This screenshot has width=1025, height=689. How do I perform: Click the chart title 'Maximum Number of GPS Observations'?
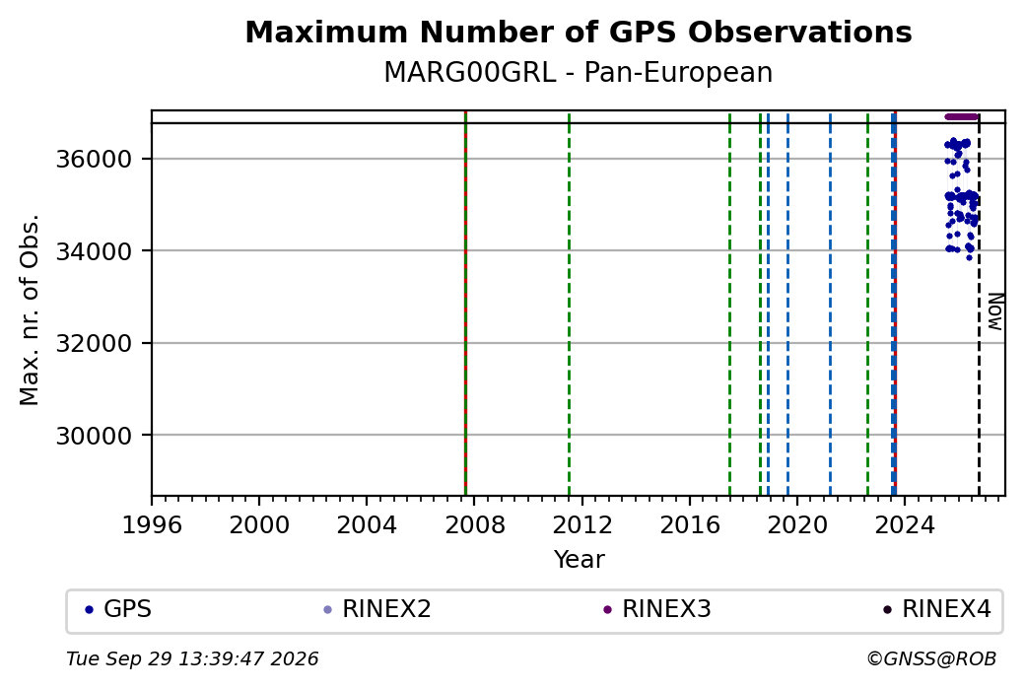[579, 32]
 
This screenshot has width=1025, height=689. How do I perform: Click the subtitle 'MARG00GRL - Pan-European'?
[579, 73]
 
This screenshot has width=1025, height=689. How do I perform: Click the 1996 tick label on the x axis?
[152, 525]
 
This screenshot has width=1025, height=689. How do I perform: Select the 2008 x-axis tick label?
[475, 525]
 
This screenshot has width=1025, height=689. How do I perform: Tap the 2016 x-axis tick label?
[690, 525]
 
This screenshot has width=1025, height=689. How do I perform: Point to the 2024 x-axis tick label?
[905, 525]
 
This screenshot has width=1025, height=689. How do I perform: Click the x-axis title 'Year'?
[580, 560]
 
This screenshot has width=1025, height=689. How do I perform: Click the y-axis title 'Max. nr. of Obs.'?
[30, 310]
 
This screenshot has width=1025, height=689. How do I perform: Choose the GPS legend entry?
[118, 609]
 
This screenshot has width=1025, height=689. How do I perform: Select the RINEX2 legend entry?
[377, 609]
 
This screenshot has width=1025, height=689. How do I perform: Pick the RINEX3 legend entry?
[657, 609]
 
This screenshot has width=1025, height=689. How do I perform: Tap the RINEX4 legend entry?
[937, 609]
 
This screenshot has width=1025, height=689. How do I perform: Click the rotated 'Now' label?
[994, 311]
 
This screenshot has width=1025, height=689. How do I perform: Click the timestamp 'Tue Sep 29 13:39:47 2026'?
[192, 658]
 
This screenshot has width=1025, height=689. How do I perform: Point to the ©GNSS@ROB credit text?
[932, 658]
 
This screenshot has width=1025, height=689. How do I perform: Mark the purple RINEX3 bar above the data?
[962, 117]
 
